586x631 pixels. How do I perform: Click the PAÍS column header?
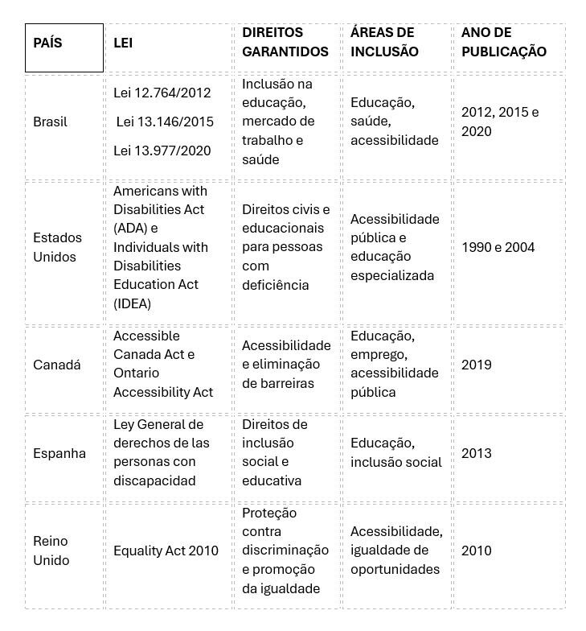47,43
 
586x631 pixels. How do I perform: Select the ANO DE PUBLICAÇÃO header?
503,42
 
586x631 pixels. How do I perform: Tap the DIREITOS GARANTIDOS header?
285,42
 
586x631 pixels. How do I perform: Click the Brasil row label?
50,122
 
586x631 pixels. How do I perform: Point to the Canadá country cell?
56,365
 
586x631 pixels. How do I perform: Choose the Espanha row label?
59,453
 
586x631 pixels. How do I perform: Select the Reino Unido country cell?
51,551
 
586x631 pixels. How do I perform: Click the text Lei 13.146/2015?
165,122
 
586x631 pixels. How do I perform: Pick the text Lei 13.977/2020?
162,151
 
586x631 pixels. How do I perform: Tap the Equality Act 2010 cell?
166,551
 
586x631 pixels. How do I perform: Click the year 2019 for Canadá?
476,365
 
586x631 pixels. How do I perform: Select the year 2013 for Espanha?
476,453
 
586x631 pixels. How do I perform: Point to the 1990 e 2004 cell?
498,247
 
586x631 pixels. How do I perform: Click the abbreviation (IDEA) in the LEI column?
132,303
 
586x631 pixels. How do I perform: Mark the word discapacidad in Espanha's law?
154,480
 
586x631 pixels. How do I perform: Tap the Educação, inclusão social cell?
395,452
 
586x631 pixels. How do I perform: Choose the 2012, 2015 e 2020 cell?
500,122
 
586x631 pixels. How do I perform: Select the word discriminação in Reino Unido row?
285,551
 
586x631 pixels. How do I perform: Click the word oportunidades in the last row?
395,569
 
